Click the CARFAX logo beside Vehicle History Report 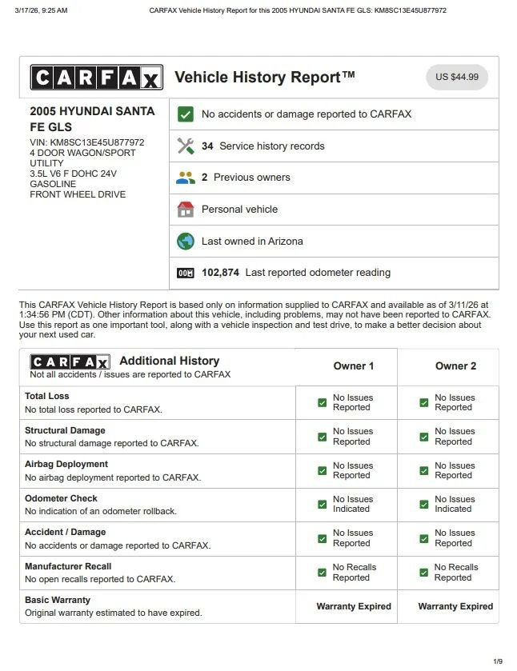coord(96,78)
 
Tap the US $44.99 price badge coord(457,78)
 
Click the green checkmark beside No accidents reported coord(186,114)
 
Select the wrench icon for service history coord(186,146)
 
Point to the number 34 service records coord(207,146)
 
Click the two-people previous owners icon coord(186,178)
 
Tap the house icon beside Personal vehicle coord(186,210)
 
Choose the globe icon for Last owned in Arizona coord(186,241)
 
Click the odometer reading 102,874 coord(220,273)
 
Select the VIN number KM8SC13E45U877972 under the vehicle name coord(98,142)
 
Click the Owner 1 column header coord(354,365)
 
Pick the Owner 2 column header coord(455,365)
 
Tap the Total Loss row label coord(47,396)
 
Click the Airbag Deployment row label coord(66,464)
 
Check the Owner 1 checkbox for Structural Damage coord(323,437)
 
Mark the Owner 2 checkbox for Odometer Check coord(424,505)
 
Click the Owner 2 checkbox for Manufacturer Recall coord(424,573)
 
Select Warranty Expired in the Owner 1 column coord(354,606)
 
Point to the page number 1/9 coord(498,661)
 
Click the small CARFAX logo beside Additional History coord(70,361)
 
